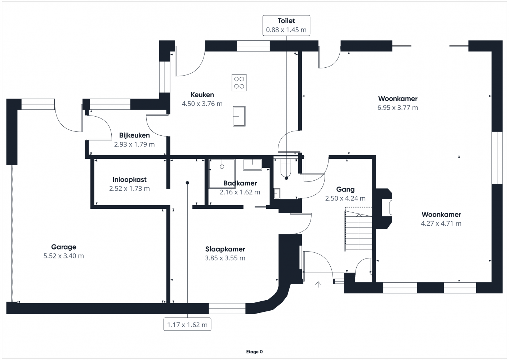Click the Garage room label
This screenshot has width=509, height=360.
click(x=64, y=247)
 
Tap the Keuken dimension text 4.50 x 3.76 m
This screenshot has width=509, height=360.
click(x=202, y=104)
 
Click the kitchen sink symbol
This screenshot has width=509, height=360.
click(x=239, y=116)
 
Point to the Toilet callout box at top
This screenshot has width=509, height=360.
click(x=286, y=25)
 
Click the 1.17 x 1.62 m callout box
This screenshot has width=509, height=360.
click(x=187, y=324)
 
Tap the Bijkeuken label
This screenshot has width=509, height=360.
click(x=134, y=135)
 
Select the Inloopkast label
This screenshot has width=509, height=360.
click(x=129, y=179)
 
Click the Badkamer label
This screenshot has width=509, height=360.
click(x=240, y=183)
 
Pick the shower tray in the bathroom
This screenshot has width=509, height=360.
click(x=222, y=173)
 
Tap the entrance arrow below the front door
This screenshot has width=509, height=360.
click(x=318, y=284)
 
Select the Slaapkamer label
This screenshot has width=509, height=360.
click(x=225, y=249)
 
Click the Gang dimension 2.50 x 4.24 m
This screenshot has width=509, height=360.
click(x=345, y=198)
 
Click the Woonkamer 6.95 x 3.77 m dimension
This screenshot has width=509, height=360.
click(x=398, y=107)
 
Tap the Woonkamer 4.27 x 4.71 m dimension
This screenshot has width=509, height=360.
click(x=441, y=223)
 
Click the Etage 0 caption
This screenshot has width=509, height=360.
click(x=254, y=352)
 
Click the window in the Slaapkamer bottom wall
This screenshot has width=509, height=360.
click(x=227, y=308)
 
